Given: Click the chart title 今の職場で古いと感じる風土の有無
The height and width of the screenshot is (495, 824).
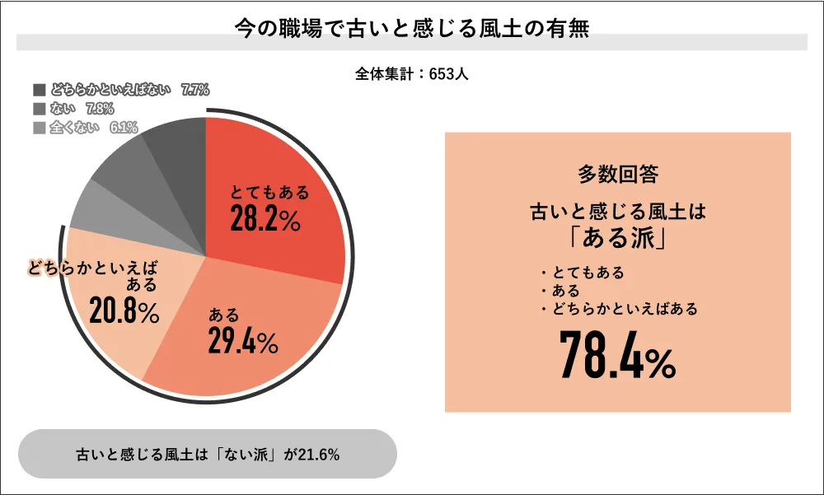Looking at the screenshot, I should (x=411, y=27).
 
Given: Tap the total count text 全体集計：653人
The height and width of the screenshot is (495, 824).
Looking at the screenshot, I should (x=412, y=74).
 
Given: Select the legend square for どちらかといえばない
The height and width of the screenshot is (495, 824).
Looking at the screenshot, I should (x=38, y=89).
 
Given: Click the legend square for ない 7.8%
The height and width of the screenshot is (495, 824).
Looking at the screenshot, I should (x=38, y=108).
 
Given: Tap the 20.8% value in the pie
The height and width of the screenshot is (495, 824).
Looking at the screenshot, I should (x=124, y=313).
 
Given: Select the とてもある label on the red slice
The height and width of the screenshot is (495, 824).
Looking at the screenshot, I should (x=269, y=193).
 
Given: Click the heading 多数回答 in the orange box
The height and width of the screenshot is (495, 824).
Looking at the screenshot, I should (x=618, y=175).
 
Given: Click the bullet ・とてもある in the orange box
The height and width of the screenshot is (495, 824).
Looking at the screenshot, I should (x=583, y=273).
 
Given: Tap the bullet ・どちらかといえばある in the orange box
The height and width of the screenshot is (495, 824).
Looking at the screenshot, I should (x=620, y=309).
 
